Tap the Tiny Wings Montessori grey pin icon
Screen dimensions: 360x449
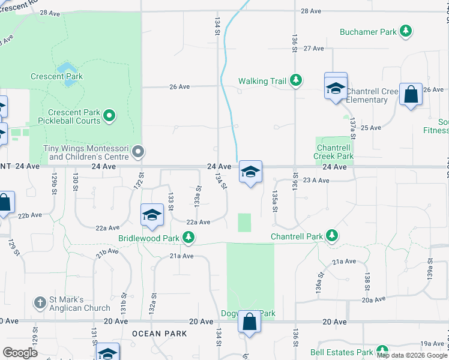[138, 151]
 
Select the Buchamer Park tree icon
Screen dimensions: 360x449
[406, 31]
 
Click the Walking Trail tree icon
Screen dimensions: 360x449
[295, 79]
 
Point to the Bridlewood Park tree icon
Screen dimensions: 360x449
[188, 238]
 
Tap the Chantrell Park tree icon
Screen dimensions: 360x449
[331, 236]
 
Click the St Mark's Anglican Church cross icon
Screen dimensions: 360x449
[40, 302]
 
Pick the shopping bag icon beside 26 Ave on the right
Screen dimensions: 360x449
[411, 94]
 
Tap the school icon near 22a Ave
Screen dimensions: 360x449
[152, 215]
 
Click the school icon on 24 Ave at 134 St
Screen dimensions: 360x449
[250, 172]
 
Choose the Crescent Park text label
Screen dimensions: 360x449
[57, 76]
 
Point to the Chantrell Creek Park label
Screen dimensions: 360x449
[334, 152]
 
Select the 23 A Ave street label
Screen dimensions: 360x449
[316, 180]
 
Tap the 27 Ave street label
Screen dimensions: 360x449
[314, 48]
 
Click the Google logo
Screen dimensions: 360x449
[20, 353]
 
